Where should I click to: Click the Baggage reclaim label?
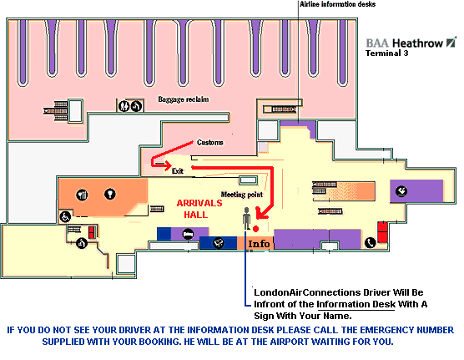click(x=184, y=99)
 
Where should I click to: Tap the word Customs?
click(x=209, y=143)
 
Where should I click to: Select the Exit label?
click(x=178, y=171)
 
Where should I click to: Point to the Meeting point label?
click(x=242, y=195)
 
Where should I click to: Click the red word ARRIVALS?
click(x=199, y=203)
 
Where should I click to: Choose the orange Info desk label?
click(x=259, y=244)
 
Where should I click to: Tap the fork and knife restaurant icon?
click(x=83, y=195)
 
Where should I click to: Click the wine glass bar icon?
click(x=110, y=194)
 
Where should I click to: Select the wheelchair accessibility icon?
click(x=65, y=216)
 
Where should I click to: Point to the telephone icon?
click(x=370, y=243)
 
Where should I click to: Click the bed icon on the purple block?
click(x=188, y=234)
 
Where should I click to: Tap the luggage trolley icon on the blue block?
click(x=219, y=243)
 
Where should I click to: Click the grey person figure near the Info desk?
click(x=246, y=219)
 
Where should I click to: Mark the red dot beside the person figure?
click(x=256, y=229)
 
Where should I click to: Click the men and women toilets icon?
click(x=124, y=106)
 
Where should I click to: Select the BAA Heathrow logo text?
click(x=411, y=43)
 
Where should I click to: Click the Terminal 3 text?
click(x=386, y=53)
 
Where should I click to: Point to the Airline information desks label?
click(x=338, y=4)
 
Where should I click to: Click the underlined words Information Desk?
click(x=356, y=304)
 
